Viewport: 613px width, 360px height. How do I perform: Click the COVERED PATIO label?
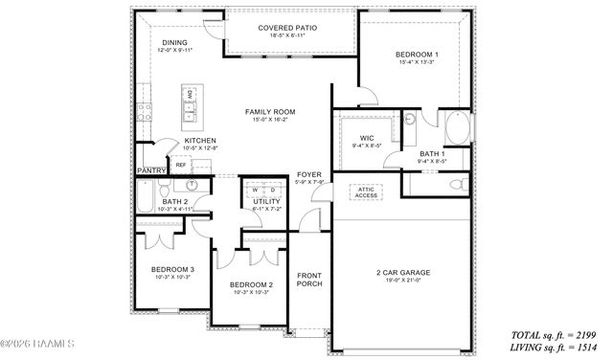287,28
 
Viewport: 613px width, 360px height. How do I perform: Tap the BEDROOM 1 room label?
417,56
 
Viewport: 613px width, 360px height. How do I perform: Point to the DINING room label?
174,42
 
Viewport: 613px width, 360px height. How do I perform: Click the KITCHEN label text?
200,140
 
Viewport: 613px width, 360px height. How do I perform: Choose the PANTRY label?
152,170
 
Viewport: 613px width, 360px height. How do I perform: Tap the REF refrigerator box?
180,165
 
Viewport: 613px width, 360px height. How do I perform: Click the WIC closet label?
366,137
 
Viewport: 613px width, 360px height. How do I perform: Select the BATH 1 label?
432,153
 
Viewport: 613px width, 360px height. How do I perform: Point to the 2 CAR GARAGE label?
402,273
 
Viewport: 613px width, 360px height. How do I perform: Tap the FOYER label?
308,173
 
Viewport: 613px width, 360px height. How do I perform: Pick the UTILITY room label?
266,201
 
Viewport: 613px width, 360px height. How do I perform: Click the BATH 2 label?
174,201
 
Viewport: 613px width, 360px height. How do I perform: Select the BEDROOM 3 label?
173,269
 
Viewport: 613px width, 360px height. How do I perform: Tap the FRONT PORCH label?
309,280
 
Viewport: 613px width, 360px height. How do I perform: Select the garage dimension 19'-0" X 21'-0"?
402,281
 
